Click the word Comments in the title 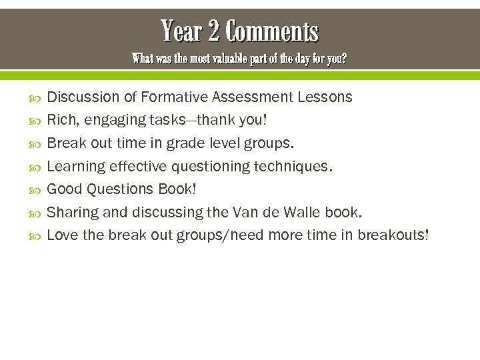272,31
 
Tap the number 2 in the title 213,31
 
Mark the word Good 64,189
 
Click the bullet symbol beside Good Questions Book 36,190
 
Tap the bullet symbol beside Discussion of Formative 36,98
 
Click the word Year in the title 181,31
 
